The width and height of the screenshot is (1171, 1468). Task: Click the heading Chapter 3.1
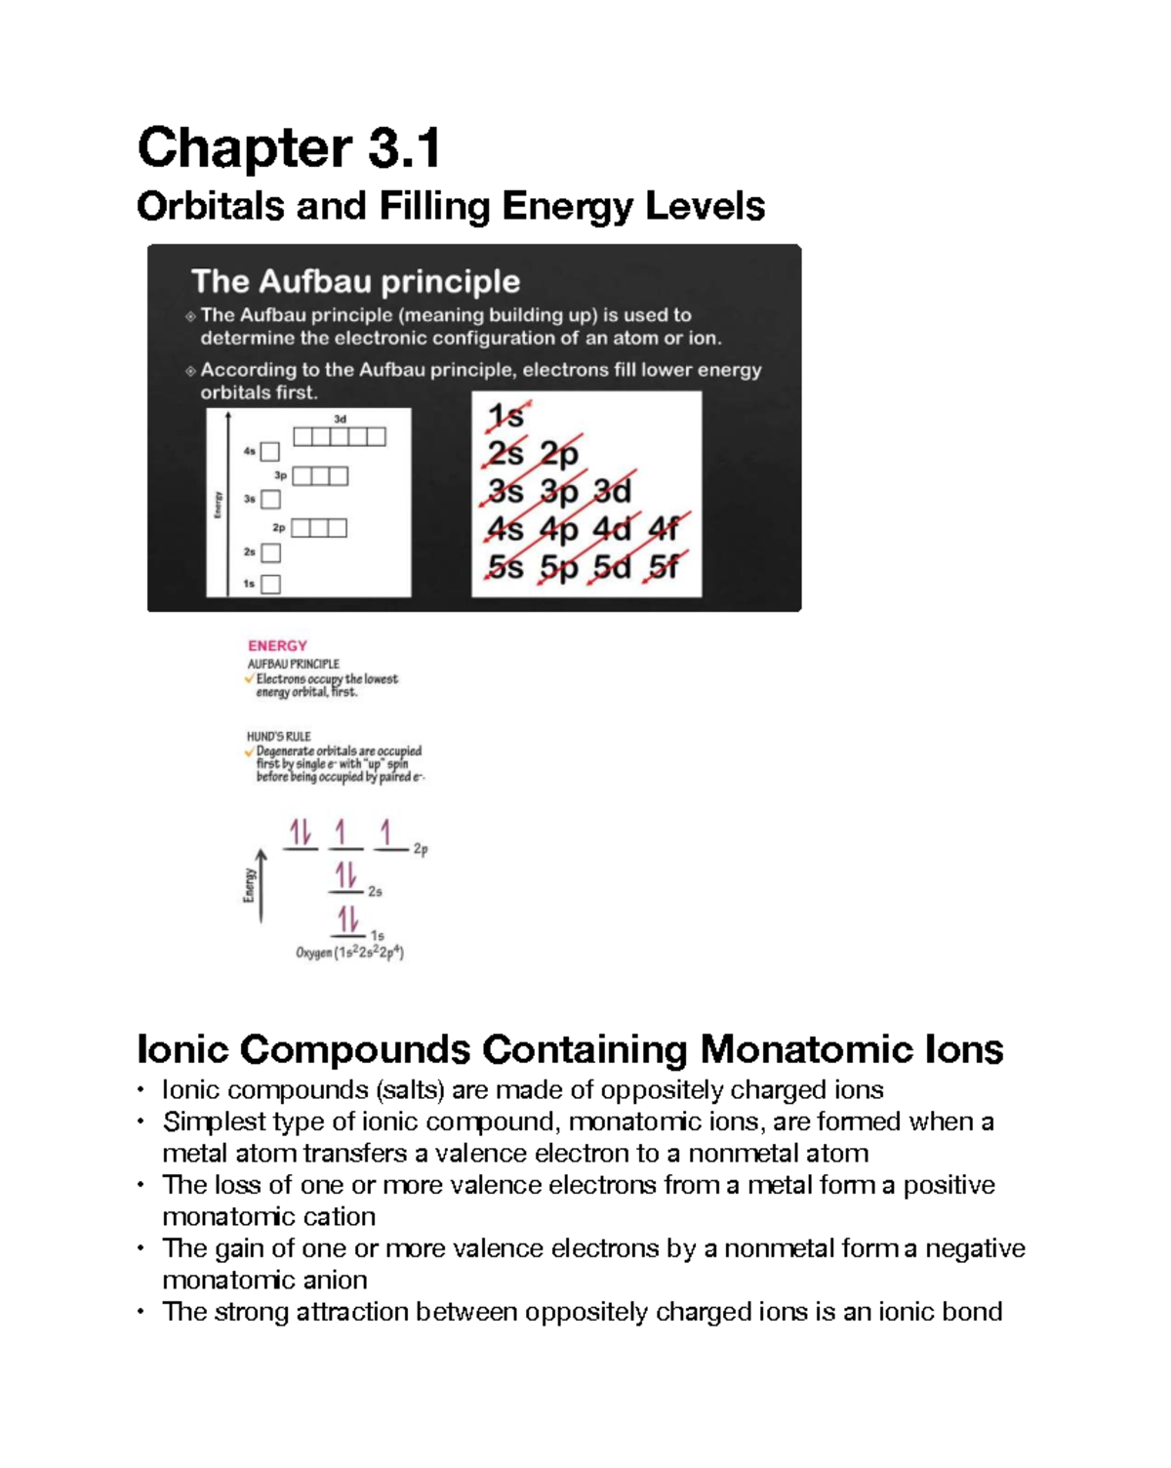tap(289, 148)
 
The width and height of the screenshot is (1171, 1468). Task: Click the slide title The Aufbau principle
tap(355, 281)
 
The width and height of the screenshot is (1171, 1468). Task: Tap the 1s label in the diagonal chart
tap(505, 417)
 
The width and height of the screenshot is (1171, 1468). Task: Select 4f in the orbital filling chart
tap(665, 529)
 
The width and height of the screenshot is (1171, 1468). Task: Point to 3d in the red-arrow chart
tap(613, 491)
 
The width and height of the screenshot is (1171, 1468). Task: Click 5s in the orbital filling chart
tap(505, 567)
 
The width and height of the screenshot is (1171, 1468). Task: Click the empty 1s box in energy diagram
tap(271, 584)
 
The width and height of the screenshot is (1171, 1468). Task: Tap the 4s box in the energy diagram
tap(270, 452)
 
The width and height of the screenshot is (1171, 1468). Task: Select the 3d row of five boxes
tap(340, 436)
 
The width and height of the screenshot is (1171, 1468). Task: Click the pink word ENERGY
tap(277, 645)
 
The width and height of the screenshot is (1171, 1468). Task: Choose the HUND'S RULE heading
tap(278, 737)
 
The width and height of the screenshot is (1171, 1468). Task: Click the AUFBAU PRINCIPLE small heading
tap(293, 664)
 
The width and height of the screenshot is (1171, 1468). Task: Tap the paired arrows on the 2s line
tap(345, 875)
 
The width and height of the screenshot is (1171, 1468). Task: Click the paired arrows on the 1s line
tap(347, 919)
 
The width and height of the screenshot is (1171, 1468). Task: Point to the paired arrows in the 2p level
tap(300, 833)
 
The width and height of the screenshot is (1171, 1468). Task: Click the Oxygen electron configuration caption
tap(349, 953)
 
